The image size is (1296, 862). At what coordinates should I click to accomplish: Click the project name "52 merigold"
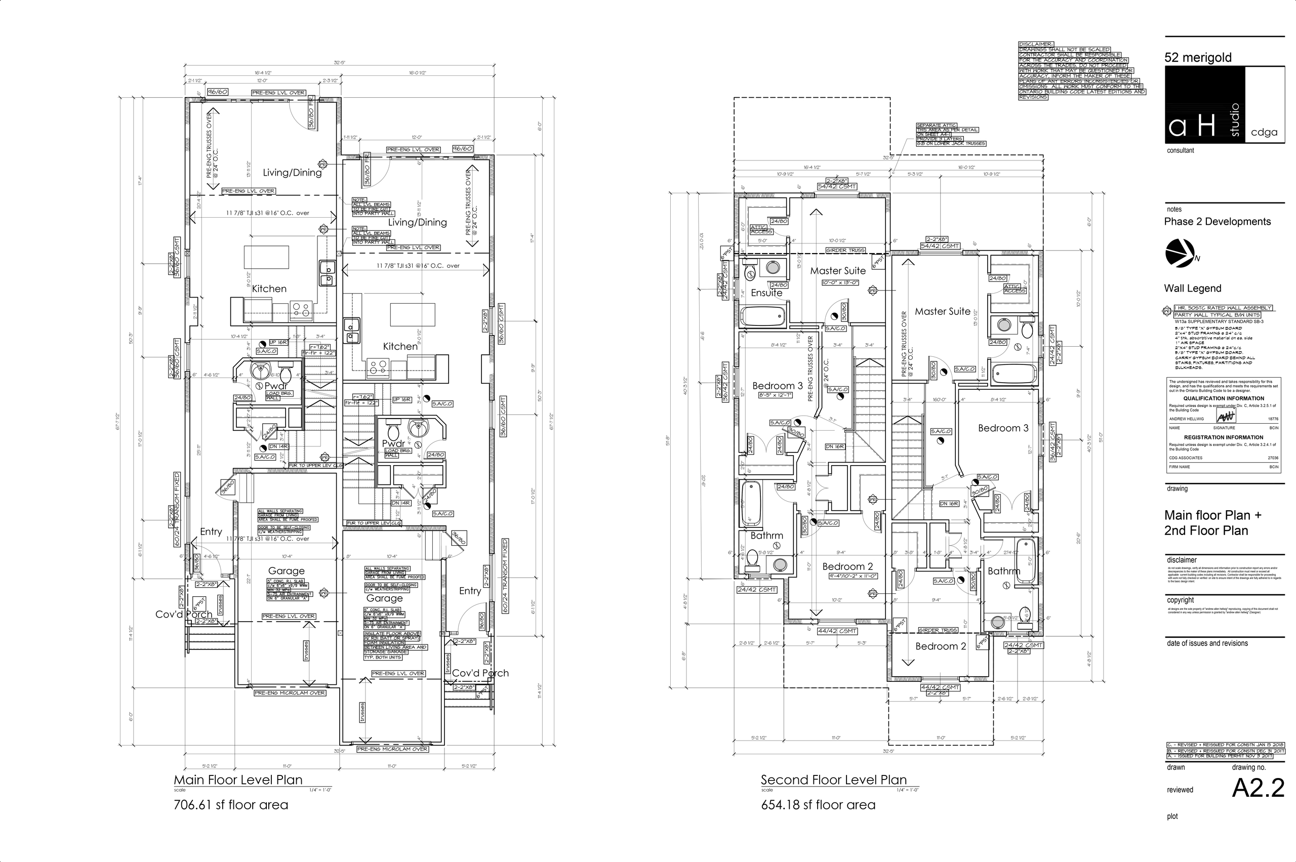[x=1198, y=58]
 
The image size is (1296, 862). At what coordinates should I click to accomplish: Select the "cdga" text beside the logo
[x=1264, y=133]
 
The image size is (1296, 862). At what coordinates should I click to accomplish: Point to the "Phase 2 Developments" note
[x=1218, y=222]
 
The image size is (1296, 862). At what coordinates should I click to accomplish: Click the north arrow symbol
[x=1180, y=254]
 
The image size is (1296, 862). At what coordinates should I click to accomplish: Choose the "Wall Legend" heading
[x=1193, y=288]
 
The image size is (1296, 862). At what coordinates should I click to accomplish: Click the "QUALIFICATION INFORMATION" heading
[x=1224, y=398]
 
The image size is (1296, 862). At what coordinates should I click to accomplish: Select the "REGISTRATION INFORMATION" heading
[x=1224, y=438]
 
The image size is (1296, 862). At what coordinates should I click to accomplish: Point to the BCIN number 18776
[x=1272, y=419]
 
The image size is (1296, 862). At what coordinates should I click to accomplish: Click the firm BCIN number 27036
[x=1273, y=458]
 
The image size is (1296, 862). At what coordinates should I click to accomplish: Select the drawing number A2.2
[x=1258, y=788]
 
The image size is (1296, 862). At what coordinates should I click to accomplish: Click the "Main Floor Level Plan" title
[x=238, y=779]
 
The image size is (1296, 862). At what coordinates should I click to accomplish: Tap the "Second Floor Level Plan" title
[x=834, y=779]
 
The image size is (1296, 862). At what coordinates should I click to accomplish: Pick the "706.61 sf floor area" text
[x=231, y=805]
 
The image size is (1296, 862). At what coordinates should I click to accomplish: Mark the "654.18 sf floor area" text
[x=818, y=805]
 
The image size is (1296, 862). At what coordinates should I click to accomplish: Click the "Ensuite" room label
[x=766, y=293]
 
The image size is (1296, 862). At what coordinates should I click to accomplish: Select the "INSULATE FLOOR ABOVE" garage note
[x=392, y=633]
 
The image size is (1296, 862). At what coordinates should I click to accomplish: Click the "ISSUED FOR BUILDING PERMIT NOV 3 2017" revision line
[x=1226, y=756]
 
